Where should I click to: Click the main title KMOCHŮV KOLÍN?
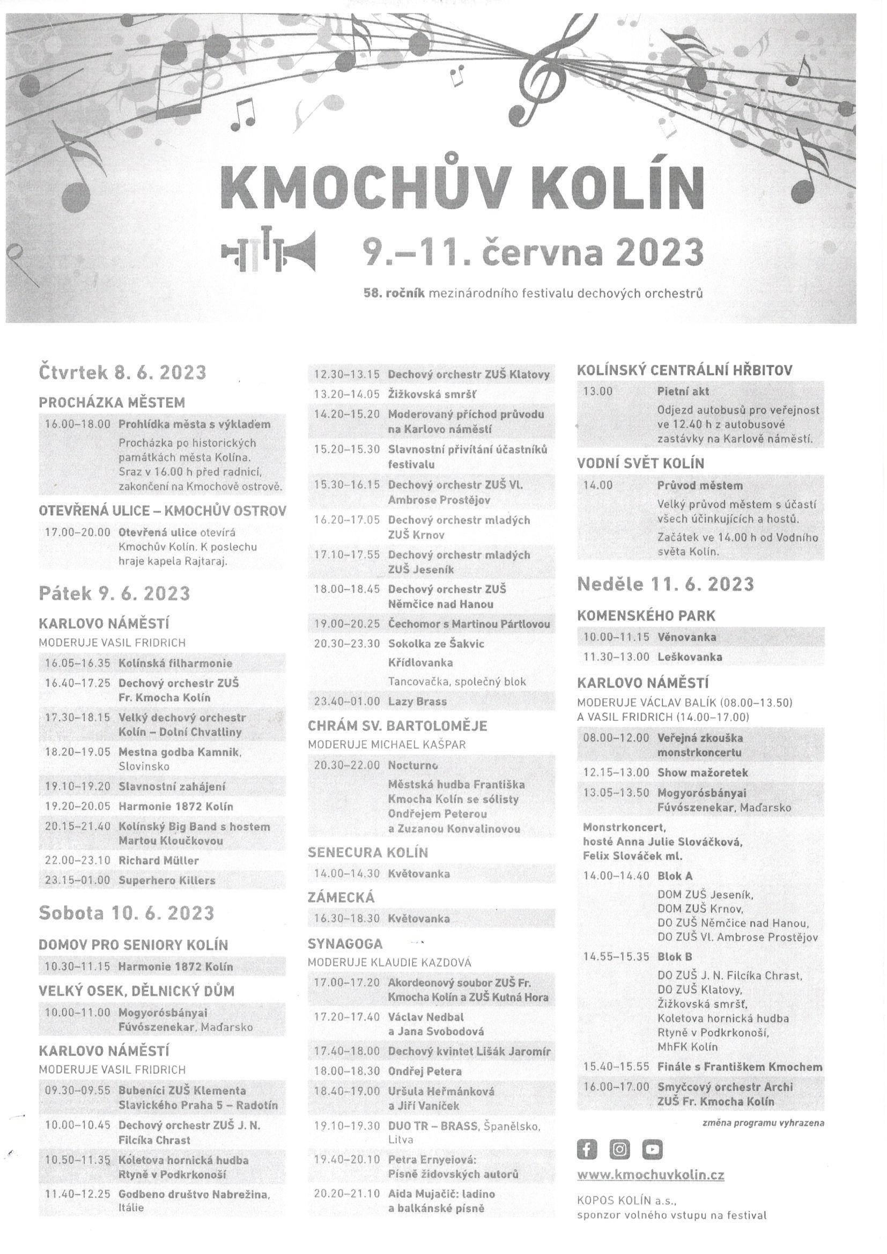point(462,187)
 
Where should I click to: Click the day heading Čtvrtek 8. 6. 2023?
point(122,372)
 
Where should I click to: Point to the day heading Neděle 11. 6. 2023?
point(665,585)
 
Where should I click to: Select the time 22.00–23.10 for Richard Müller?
point(78,861)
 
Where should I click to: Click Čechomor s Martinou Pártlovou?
point(469,624)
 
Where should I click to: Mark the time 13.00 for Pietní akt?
point(598,391)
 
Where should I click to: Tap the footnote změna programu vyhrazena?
point(763,1124)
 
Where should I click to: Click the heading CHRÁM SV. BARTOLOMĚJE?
point(397,726)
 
